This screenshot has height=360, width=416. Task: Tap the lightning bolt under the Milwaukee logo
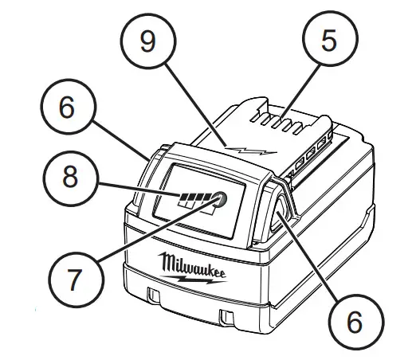pos(199,280)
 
